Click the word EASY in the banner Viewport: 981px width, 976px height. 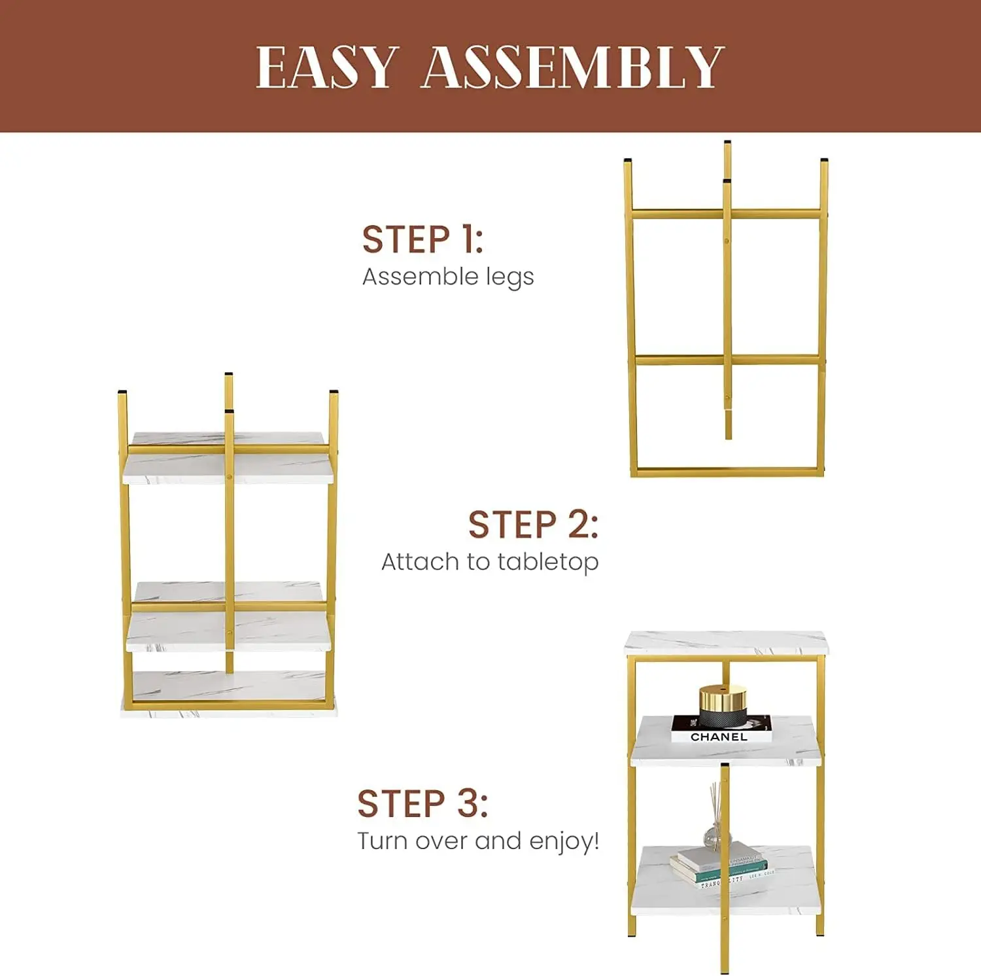pyautogui.click(x=326, y=67)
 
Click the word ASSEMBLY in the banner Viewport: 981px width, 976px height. pyautogui.click(x=572, y=67)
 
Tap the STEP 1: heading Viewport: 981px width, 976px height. pyautogui.click(x=422, y=239)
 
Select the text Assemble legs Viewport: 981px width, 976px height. pyautogui.click(x=448, y=277)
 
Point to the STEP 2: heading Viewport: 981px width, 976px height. pyautogui.click(x=533, y=525)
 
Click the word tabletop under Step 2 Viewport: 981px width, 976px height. pyautogui.click(x=547, y=562)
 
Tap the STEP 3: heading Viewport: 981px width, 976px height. pyautogui.click(x=422, y=804)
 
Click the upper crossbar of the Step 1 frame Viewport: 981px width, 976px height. pyautogui.click(x=726, y=213)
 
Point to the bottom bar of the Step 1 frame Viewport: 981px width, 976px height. pyautogui.click(x=726, y=471)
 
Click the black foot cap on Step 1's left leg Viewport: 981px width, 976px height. pyautogui.click(x=628, y=160)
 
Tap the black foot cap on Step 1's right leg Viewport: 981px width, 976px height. pyautogui.click(x=824, y=160)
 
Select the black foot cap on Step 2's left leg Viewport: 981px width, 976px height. pyautogui.click(x=122, y=392)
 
